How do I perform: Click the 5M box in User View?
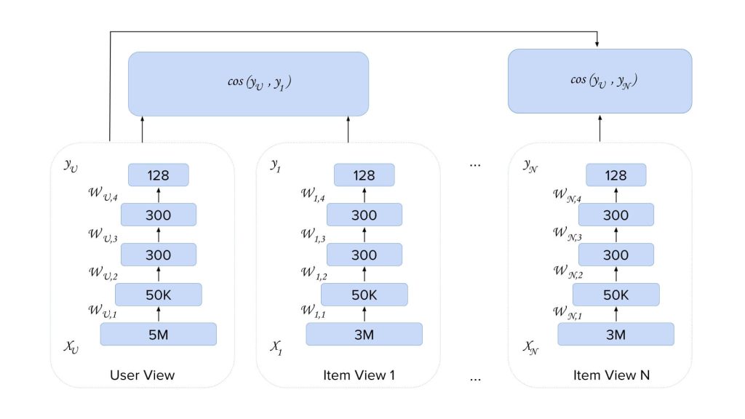tap(158, 334)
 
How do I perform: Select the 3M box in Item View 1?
tap(364, 334)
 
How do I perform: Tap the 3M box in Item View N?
tap(615, 334)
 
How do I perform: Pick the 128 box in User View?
tap(158, 175)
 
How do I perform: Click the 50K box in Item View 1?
tap(364, 295)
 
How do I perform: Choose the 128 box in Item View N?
tap(615, 175)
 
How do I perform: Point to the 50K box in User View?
tap(158, 295)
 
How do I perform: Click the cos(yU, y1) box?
tap(248, 83)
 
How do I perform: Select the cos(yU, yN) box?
tap(599, 81)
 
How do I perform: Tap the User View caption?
tap(142, 375)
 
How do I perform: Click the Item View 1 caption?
tap(348, 375)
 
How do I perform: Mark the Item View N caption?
tap(601, 375)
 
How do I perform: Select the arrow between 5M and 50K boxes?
tap(158, 314)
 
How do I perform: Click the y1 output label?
tap(276, 167)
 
